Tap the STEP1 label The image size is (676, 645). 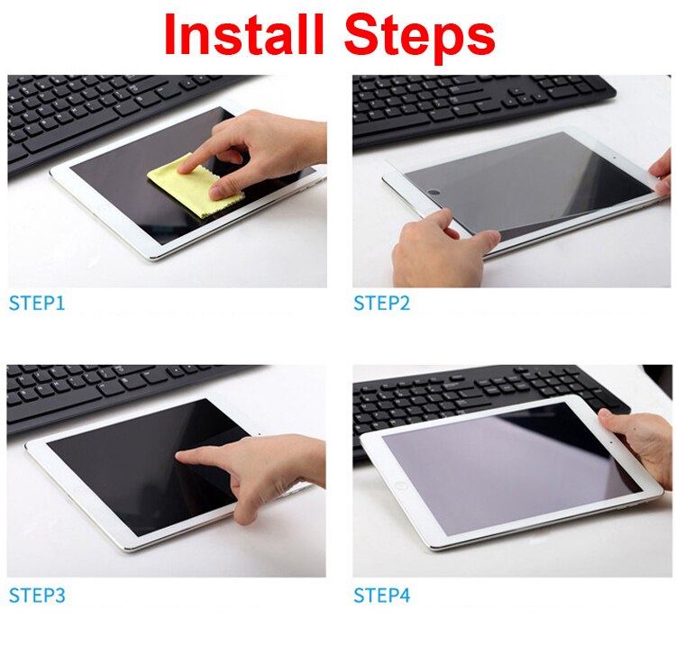point(37,304)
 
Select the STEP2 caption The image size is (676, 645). point(381,304)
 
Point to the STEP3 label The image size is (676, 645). point(37,595)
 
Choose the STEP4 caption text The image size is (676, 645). point(381,595)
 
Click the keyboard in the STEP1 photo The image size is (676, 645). point(108,108)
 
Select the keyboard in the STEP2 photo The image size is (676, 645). point(469,104)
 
